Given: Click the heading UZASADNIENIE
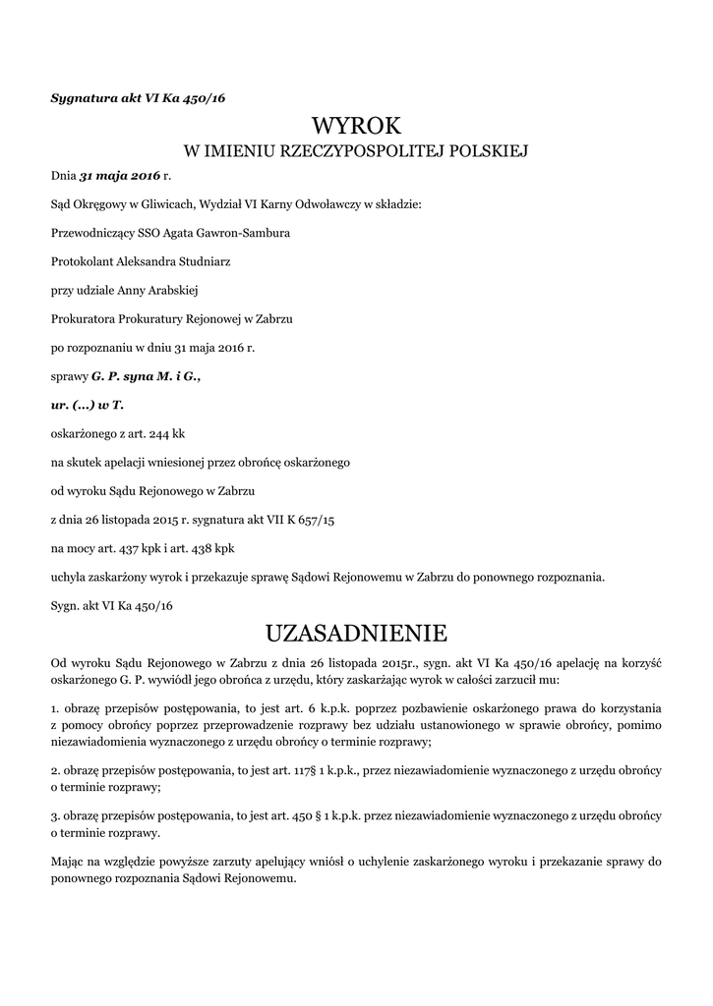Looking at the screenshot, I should click(x=356, y=629).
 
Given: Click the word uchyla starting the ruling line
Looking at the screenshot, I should click(x=68, y=576).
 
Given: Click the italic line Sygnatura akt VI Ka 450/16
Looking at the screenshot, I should click(x=139, y=97).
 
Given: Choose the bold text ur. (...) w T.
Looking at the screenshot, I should click(x=88, y=404).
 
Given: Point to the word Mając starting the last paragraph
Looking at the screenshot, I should click(x=68, y=861).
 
